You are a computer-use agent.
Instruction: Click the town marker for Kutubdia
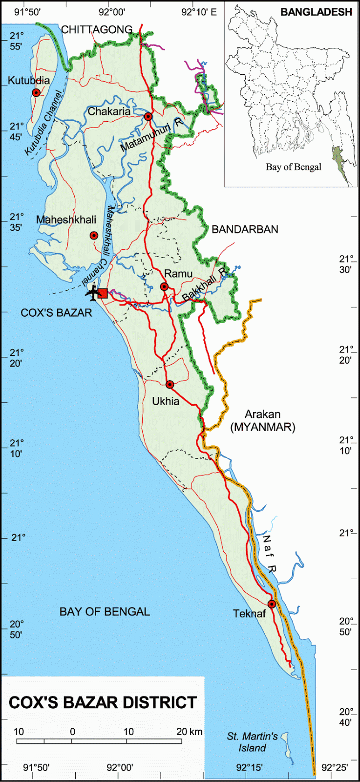coord(36,93)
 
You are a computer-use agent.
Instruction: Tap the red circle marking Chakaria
coord(148,116)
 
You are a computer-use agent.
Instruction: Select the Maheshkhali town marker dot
coord(94,236)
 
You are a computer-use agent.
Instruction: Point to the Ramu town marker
coord(165,286)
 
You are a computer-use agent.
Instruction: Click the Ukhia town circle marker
coord(169,385)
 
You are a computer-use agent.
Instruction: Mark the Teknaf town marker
coord(272,604)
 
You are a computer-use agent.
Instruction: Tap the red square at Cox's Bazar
coord(103,293)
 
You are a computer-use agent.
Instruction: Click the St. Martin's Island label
coord(252,742)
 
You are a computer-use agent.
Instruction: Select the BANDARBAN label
coord(245,229)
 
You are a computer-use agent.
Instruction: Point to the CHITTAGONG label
coord(97,30)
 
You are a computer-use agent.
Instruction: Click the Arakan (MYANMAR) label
coord(263,421)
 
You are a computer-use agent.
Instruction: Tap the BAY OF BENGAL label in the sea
coord(105,611)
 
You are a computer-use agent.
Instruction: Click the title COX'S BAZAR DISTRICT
coord(103,702)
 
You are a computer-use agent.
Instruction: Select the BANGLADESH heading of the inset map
coord(316,12)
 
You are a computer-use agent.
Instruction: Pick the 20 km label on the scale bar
coord(189,732)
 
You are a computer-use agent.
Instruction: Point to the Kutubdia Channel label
coord(43,124)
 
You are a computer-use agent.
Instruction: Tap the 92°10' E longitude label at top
coord(198,12)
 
